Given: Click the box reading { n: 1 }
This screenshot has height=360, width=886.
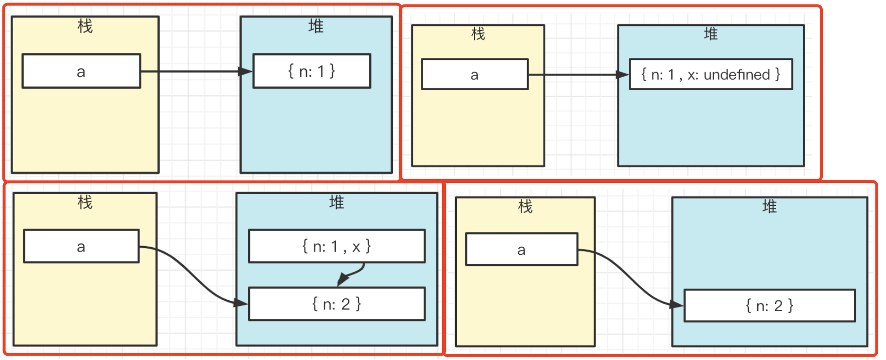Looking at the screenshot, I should (312, 71).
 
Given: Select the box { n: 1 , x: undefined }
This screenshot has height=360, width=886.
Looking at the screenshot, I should (710, 74).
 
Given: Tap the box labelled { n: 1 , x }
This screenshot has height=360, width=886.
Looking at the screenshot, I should (336, 246).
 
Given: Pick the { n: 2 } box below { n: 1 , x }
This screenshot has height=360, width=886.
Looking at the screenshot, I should (336, 304).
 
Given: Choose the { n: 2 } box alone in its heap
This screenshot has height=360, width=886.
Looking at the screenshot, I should (769, 305).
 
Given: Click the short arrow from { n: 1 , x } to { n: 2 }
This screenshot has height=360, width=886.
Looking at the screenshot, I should (352, 273).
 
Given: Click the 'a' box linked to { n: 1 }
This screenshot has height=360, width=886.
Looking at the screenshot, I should (81, 71).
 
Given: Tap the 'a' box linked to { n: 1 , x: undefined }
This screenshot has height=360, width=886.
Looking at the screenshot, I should (474, 75).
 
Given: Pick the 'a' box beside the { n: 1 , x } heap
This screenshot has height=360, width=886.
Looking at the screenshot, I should (81, 247).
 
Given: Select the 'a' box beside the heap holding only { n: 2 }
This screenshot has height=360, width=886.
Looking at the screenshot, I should (521, 250).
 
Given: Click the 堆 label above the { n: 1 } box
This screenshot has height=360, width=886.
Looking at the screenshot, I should (316, 26).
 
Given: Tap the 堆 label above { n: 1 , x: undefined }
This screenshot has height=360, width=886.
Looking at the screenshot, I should (711, 34).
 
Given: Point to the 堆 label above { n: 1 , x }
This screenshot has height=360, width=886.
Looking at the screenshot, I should (336, 202).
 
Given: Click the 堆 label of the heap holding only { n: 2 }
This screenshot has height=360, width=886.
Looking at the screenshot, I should (769, 207).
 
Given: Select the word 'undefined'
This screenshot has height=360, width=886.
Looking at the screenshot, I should (736, 75).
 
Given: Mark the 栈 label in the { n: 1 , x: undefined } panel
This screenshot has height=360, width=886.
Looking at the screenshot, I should (478, 34).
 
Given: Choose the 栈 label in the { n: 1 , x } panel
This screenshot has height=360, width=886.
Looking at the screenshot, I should (85, 202).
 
